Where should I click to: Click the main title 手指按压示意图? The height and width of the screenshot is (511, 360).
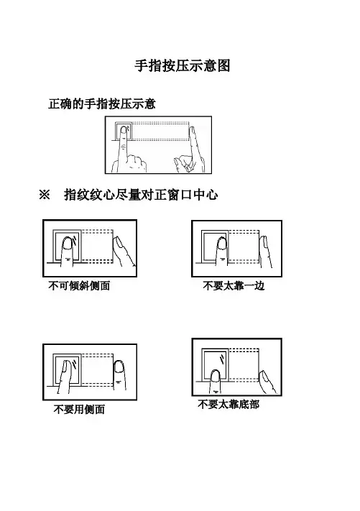[x=183, y=65]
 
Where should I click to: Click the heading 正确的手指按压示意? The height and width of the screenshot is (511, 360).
[x=102, y=104]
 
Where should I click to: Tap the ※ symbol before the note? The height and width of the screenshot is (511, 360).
[x=45, y=195]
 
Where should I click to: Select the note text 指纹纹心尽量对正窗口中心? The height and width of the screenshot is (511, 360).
[x=141, y=195]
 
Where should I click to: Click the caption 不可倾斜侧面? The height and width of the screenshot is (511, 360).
[x=79, y=286]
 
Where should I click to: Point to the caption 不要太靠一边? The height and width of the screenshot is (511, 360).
[x=234, y=286]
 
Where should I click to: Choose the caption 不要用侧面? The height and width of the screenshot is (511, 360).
[x=79, y=410]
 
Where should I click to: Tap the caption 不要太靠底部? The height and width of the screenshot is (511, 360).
[x=229, y=405]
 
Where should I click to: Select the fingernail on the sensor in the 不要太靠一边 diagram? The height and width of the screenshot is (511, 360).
[x=222, y=244]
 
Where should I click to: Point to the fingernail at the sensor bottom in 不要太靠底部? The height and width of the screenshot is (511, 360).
[x=215, y=376]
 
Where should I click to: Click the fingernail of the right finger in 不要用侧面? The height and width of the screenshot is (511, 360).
[x=119, y=367]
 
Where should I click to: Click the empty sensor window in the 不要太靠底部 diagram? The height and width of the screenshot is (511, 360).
[x=215, y=361]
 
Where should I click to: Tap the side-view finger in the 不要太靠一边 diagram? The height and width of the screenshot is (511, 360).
[x=266, y=252]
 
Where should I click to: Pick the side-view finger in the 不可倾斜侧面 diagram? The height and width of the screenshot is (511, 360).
[x=123, y=251]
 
